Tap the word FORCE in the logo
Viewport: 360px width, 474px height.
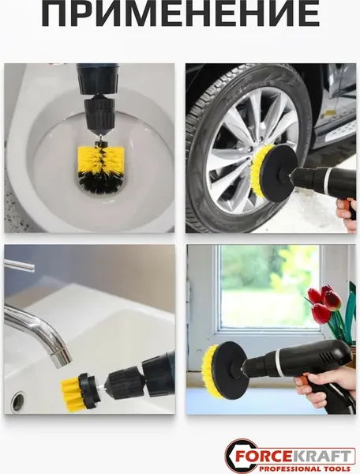(x=257, y=456)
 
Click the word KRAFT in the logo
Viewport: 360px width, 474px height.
(x=314, y=456)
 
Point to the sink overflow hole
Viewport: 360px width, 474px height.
(x=18, y=401)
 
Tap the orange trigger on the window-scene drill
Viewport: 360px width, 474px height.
(x=303, y=378)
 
